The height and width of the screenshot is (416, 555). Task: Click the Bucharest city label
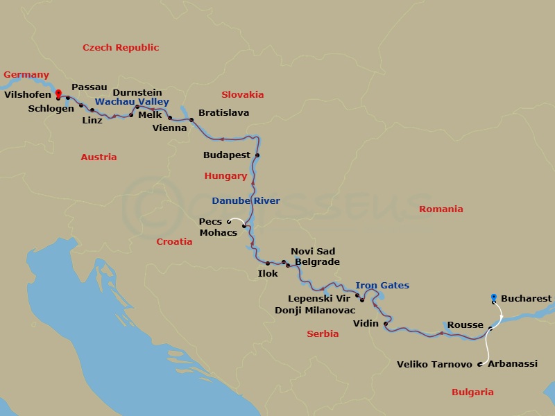click(526, 299)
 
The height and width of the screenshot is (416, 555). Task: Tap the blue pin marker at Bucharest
click(493, 298)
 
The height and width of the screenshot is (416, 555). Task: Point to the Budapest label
click(226, 155)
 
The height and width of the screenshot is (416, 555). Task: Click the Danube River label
click(246, 201)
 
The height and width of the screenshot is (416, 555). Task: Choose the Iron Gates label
click(382, 285)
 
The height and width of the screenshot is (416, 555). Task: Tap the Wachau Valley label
click(132, 102)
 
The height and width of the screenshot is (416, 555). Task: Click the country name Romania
click(441, 209)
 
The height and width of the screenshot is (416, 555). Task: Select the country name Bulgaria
click(472, 392)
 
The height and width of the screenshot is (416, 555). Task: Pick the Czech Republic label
click(121, 48)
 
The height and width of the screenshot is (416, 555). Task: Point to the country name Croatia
click(174, 241)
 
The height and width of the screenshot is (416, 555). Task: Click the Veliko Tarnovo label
click(434, 364)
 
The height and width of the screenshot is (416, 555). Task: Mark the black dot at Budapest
click(257, 155)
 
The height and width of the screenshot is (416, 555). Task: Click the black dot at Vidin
click(385, 324)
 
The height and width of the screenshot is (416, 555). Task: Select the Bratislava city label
click(223, 112)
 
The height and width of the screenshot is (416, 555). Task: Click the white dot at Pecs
click(229, 222)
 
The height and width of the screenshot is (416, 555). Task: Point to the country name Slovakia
click(242, 94)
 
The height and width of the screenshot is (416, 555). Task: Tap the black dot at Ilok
click(267, 263)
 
